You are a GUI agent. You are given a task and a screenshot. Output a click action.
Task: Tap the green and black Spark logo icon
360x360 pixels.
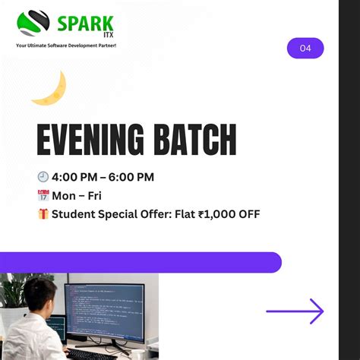[34, 24]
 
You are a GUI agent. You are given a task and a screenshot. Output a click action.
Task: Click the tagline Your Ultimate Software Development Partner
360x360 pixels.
[66, 46]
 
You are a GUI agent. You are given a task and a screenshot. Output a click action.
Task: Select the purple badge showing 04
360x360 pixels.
[305, 49]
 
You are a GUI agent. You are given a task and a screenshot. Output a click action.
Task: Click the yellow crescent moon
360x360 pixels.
[50, 89]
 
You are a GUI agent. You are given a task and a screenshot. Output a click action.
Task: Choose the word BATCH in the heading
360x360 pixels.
[194, 141]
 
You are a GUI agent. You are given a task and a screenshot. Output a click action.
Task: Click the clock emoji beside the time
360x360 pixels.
[43, 177]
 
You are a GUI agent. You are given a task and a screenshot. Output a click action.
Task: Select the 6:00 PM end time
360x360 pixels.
[131, 177]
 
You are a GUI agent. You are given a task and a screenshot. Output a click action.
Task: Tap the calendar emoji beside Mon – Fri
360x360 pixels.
[43, 195]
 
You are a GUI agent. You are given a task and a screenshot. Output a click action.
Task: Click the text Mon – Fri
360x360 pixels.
[77, 195]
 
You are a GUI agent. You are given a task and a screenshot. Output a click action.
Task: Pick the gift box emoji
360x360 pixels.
[43, 214]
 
